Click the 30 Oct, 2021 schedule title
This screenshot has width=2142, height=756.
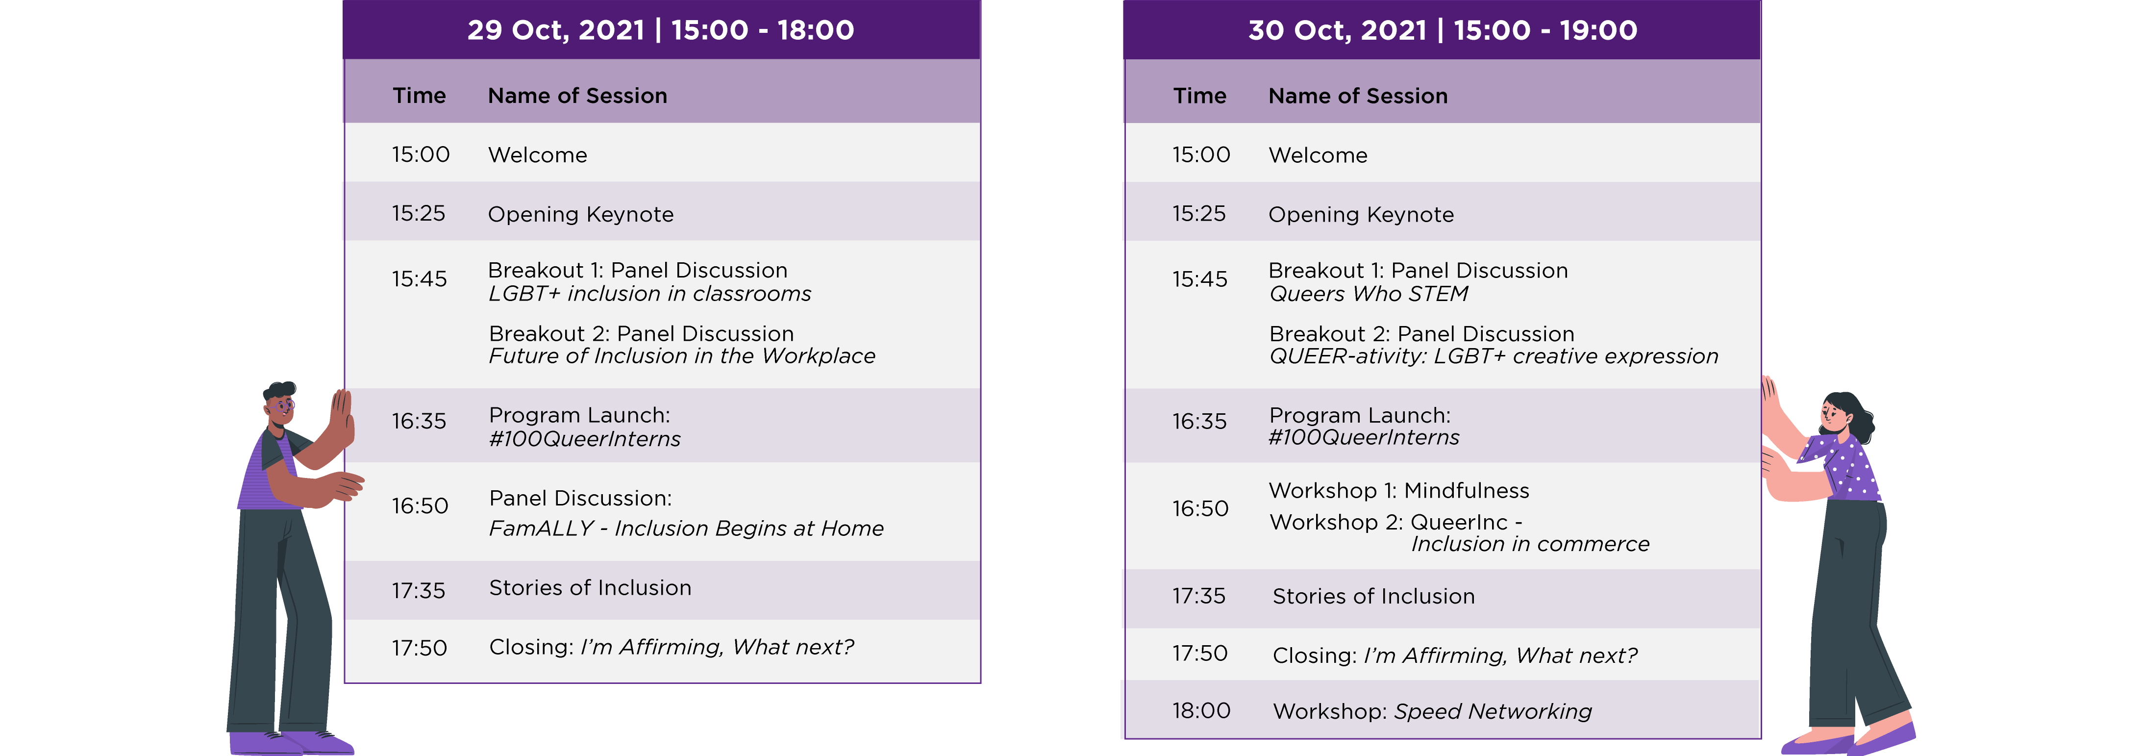click(1443, 30)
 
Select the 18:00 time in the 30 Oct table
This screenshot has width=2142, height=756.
click(1201, 710)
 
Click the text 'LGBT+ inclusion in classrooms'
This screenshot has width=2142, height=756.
click(649, 294)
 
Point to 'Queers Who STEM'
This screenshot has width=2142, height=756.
click(1369, 294)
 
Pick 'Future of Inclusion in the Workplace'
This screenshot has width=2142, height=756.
click(682, 356)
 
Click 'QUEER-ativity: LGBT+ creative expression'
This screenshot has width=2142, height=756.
click(1494, 356)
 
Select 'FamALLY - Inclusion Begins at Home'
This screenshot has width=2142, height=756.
click(686, 528)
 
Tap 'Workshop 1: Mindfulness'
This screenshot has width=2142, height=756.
click(1398, 491)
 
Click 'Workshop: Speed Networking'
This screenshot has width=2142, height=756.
click(1432, 711)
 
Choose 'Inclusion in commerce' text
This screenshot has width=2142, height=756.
click(1530, 544)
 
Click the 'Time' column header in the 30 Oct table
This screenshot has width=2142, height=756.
click(1200, 96)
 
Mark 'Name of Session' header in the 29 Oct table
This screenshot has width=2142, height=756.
click(577, 96)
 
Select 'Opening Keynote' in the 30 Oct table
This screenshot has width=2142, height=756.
click(1361, 215)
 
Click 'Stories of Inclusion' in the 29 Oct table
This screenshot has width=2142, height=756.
click(590, 588)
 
